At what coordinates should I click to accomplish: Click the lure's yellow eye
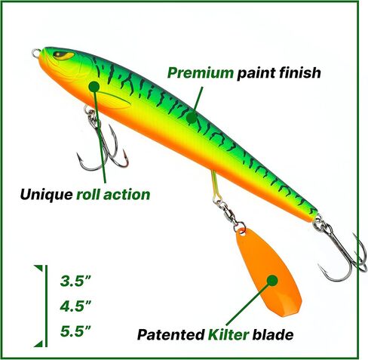coord(64,55)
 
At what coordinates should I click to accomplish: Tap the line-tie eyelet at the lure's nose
coord(36,53)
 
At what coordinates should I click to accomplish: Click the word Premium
coord(201,73)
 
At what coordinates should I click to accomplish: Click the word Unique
coord(47,195)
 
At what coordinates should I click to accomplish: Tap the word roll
coord(88,195)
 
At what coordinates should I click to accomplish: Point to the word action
coord(127,195)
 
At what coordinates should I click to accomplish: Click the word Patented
coord(170,334)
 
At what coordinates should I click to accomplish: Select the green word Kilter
coord(228,334)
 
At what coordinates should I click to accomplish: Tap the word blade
coord(273,334)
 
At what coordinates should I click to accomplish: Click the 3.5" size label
coord(75,281)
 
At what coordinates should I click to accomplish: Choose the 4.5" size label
coord(75,306)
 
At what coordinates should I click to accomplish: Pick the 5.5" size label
coord(75,331)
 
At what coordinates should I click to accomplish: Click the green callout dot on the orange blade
coord(272,280)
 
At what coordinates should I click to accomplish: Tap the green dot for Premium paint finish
coord(192,118)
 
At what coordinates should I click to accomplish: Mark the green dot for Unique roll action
coord(94,87)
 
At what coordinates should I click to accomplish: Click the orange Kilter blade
coord(269,272)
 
